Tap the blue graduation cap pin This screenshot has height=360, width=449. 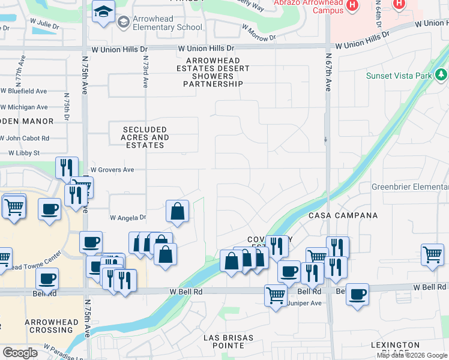(x=104, y=11)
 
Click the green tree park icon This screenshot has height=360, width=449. (x=442, y=75)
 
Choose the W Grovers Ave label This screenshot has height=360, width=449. (x=112, y=170)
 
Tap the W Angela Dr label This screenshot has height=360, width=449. (x=128, y=218)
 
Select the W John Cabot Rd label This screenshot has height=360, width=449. (x=25, y=138)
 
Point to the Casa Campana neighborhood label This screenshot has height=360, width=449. (x=343, y=215)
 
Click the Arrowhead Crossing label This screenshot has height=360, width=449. (x=51, y=326)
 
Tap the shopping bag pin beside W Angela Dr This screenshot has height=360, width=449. (x=178, y=211)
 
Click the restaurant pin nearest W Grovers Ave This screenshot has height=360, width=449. (x=67, y=167)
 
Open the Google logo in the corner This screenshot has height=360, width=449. (x=20, y=353)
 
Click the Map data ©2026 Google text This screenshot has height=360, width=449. (x=412, y=355)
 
